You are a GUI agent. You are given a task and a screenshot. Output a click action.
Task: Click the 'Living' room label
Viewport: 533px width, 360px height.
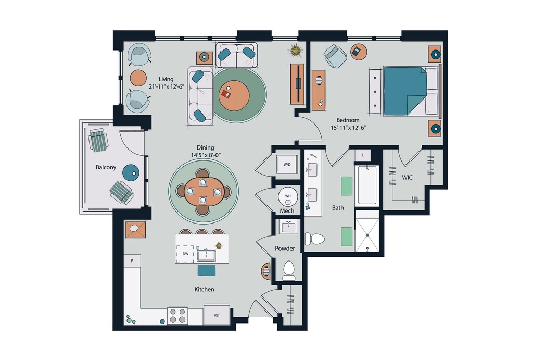[166, 79]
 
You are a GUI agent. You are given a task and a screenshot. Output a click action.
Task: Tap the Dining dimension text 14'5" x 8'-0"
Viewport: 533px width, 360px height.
[206, 155]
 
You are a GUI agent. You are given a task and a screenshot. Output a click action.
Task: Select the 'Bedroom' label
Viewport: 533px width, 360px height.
[348, 120]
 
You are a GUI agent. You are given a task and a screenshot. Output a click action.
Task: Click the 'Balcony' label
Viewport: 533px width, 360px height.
[106, 167]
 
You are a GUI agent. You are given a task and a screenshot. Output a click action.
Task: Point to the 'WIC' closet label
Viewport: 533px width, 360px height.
[407, 177]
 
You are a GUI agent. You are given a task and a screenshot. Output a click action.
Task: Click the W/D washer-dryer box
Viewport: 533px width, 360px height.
[287, 164]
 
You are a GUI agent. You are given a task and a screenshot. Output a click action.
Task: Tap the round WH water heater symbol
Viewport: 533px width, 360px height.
[288, 197]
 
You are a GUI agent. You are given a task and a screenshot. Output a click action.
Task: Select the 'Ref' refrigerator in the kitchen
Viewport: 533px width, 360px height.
[217, 315]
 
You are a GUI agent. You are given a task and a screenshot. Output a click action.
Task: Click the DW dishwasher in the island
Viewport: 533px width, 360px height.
[185, 254]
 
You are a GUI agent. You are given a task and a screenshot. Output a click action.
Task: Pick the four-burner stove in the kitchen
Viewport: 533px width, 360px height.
[177, 315]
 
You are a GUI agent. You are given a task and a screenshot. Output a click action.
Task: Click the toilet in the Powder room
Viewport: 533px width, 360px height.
[289, 270]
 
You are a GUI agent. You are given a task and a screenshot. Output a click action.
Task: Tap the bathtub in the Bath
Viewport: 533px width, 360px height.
[367, 185]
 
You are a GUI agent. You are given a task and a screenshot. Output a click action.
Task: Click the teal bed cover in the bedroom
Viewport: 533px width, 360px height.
[405, 91]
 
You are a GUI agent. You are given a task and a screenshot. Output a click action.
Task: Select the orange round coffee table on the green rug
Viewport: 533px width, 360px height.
[234, 95]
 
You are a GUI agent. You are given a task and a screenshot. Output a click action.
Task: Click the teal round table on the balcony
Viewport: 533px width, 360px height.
[131, 172]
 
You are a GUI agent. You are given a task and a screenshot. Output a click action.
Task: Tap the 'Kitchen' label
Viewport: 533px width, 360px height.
[204, 289]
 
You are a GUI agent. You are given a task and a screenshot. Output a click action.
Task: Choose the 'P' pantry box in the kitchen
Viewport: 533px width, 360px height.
[132, 261]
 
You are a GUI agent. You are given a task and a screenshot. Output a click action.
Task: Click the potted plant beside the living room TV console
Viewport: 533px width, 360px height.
[296, 51]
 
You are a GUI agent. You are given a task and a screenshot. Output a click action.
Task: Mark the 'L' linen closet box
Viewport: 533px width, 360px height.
[363, 155]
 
